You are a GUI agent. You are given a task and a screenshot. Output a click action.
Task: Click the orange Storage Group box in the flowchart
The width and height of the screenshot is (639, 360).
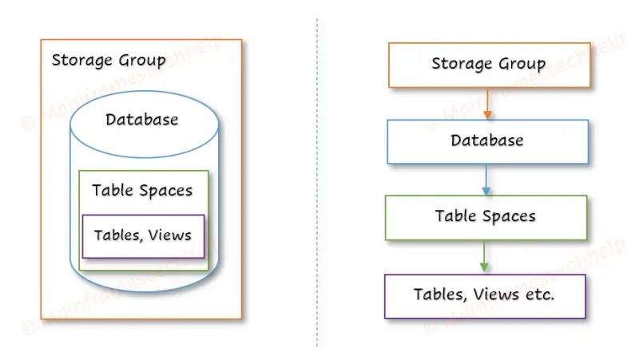point(489,64)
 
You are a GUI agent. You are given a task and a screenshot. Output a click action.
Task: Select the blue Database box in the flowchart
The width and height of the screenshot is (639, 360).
point(487,141)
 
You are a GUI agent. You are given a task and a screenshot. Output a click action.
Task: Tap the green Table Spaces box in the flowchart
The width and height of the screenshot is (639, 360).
point(485,217)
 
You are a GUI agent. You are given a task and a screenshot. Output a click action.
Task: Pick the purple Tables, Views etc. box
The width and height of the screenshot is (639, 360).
point(484,295)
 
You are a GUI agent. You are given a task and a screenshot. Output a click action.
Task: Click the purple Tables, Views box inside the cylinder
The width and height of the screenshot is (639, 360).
point(143,235)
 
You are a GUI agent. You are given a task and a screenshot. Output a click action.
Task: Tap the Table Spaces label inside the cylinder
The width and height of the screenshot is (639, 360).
point(142,191)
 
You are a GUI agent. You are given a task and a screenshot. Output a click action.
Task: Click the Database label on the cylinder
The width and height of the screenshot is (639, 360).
point(142,121)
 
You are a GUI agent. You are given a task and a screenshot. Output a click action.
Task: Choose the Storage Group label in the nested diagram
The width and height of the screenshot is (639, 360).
point(109,61)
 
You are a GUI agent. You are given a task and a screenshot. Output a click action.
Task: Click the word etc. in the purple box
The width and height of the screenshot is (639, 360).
point(539,295)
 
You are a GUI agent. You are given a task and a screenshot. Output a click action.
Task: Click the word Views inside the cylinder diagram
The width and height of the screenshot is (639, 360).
point(169,235)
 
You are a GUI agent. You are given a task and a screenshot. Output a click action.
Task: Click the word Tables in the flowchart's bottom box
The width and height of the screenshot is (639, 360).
point(439,295)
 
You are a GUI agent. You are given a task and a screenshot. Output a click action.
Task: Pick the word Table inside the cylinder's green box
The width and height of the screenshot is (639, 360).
point(113,191)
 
